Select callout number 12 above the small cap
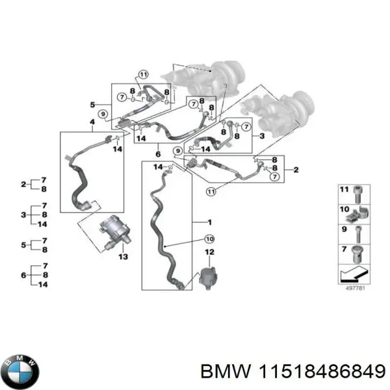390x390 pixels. coord(209,252)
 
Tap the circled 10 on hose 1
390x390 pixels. coord(209,239)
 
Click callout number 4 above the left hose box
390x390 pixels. coord(92,122)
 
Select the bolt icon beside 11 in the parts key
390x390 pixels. coord(358,193)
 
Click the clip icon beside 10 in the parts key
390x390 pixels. coord(358,212)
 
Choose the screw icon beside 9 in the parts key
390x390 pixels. coord(358,231)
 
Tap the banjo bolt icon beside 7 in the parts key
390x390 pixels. coord(358,250)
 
